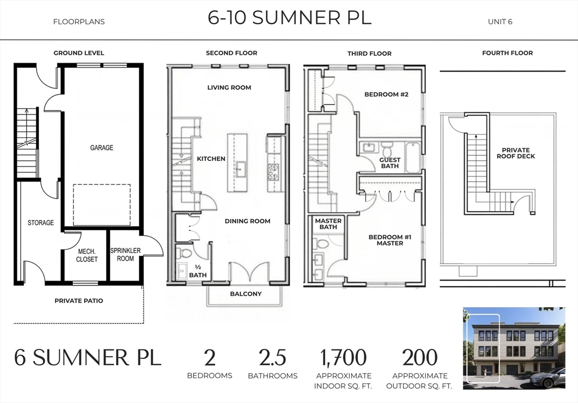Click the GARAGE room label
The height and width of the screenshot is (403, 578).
point(102,148)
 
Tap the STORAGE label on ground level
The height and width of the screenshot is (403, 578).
point(41,223)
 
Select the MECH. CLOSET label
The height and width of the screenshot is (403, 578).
point(87,255)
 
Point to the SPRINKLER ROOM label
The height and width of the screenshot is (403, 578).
point(125,255)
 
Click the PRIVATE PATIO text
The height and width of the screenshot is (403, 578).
point(78,301)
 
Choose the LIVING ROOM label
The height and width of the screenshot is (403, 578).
point(229,87)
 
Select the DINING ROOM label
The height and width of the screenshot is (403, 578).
point(247,221)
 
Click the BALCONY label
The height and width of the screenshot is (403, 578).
point(246,294)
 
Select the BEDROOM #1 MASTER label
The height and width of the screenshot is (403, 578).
point(389,240)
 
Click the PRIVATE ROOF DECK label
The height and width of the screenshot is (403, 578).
point(516,153)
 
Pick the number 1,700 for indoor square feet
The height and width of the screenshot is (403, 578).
point(343,358)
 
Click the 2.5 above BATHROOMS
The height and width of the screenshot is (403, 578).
point(272,358)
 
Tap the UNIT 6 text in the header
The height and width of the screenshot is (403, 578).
point(500,22)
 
